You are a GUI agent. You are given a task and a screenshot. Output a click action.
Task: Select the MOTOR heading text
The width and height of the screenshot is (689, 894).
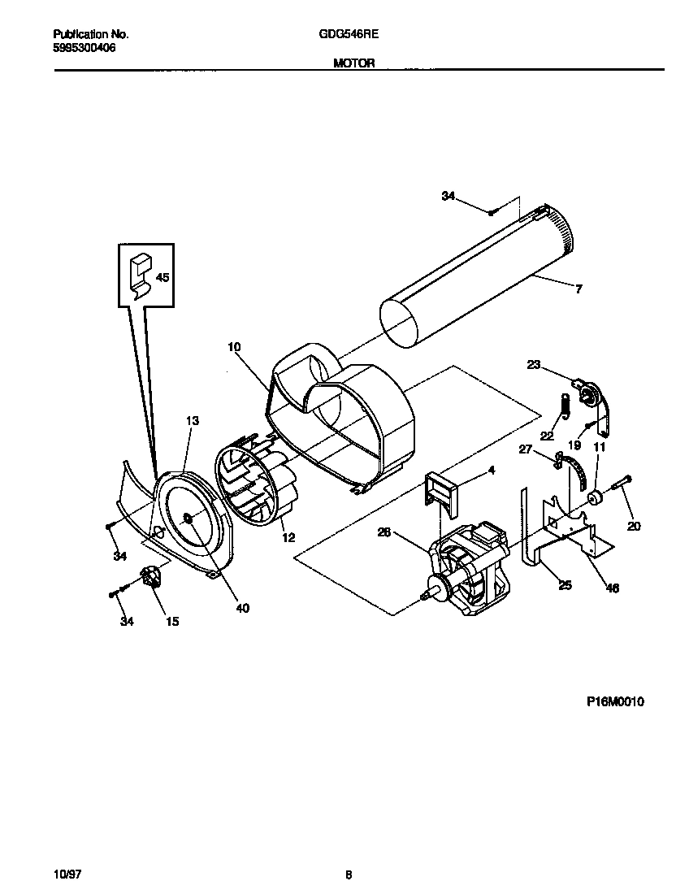click(x=354, y=63)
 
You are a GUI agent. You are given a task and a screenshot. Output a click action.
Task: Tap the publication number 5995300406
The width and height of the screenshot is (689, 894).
click(x=84, y=48)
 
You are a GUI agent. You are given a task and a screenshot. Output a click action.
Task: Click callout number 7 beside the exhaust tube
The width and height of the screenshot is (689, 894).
click(x=578, y=289)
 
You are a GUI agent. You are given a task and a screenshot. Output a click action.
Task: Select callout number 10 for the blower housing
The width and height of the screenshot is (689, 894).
click(x=234, y=347)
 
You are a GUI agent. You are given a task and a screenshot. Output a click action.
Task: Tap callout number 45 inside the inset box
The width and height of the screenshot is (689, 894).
click(x=162, y=278)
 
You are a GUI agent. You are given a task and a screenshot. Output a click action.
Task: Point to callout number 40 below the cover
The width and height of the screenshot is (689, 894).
click(x=242, y=607)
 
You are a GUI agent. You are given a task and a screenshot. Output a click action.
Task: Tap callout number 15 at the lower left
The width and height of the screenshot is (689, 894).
click(x=171, y=622)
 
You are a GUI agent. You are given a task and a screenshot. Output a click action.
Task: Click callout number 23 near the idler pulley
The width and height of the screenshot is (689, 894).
click(x=533, y=365)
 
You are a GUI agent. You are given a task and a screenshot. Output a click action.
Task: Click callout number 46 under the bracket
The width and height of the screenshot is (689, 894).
click(x=613, y=588)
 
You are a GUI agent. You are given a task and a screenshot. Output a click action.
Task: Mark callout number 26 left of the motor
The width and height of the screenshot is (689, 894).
click(x=385, y=532)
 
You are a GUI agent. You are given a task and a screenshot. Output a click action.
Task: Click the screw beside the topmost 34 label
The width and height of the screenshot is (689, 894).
click(x=492, y=212)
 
